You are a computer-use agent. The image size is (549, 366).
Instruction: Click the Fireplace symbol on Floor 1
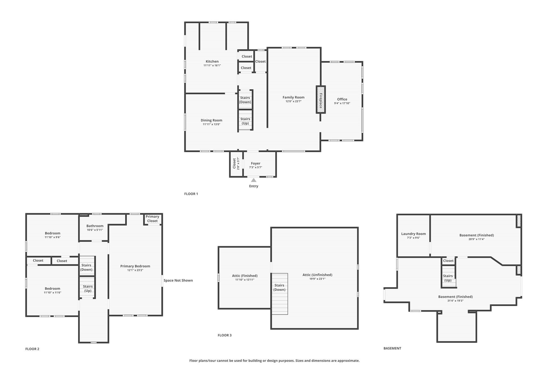pyautogui.click(x=321, y=100)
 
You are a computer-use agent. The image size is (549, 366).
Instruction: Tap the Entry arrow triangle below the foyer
pyautogui.click(x=254, y=180)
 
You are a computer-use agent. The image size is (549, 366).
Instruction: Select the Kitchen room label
pyautogui.click(x=212, y=61)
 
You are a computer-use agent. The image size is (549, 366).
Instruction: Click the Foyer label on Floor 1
pyautogui.click(x=255, y=163)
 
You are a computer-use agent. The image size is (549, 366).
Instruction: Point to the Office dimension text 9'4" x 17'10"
pyautogui.click(x=342, y=103)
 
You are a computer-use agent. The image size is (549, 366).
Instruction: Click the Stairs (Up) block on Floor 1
pyautogui.click(x=245, y=121)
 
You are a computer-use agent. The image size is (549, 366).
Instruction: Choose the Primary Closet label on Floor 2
pyautogui.click(x=152, y=219)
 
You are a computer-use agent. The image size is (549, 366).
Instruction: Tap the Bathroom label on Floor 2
pyautogui.click(x=95, y=226)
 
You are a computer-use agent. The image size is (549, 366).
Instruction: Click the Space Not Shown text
pyautogui.click(x=178, y=280)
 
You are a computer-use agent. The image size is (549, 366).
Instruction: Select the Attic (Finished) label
pyautogui.click(x=245, y=276)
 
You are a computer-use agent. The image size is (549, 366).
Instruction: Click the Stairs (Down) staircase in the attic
pyautogui.click(x=279, y=294)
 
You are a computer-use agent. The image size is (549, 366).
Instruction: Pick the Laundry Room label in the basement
pyautogui.click(x=413, y=234)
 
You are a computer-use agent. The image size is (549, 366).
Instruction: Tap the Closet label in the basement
pyautogui.click(x=448, y=261)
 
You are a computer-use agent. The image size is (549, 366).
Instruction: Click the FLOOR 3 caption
pyautogui.click(x=225, y=335)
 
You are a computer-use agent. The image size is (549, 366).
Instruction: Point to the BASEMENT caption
pyautogui.click(x=392, y=348)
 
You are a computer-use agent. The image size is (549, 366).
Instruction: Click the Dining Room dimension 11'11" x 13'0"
pyautogui.click(x=212, y=124)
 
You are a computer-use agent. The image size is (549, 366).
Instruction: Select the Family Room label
pyautogui.click(x=294, y=97)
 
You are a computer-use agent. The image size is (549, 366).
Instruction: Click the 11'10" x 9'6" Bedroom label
pyautogui.click(x=53, y=233)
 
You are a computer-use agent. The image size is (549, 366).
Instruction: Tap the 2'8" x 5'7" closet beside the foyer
pyautogui.click(x=236, y=164)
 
